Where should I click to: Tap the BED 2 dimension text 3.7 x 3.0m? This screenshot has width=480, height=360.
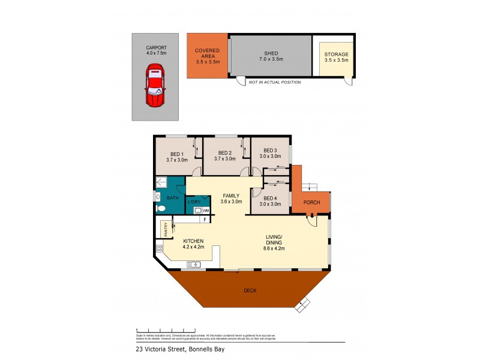pyautogui.click(x=225, y=160)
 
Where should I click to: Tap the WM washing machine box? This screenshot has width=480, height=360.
pyautogui.click(x=205, y=211)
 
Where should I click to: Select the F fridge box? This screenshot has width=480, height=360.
pyautogui.click(x=205, y=220)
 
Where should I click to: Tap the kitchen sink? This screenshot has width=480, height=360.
pyautogui.click(x=194, y=264)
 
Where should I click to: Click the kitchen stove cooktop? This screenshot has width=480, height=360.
pyautogui.click(x=160, y=248)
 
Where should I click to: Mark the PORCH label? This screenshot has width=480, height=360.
pyautogui.click(x=311, y=202)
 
